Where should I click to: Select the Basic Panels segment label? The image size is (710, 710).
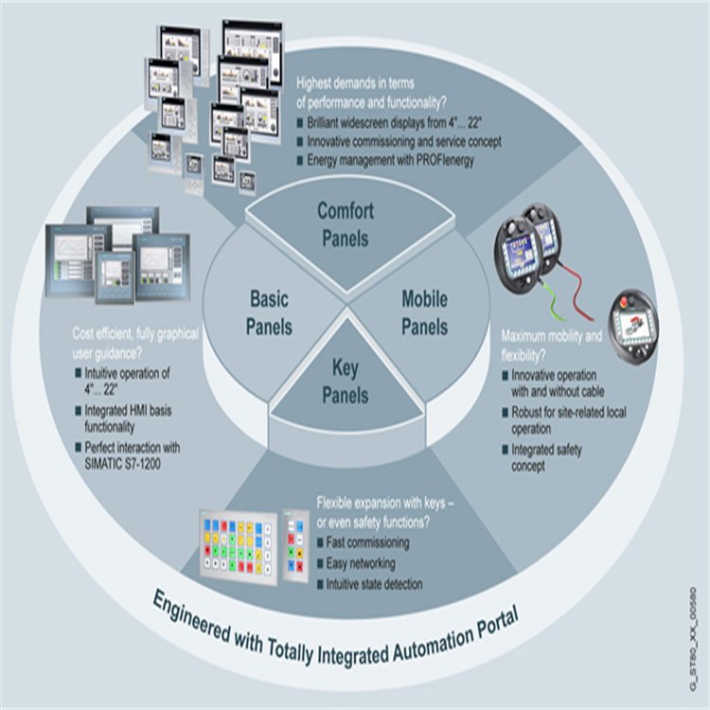coord(269,313)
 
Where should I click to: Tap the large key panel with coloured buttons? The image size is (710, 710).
coord(239,547)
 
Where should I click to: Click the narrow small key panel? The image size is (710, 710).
coord(296,545)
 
